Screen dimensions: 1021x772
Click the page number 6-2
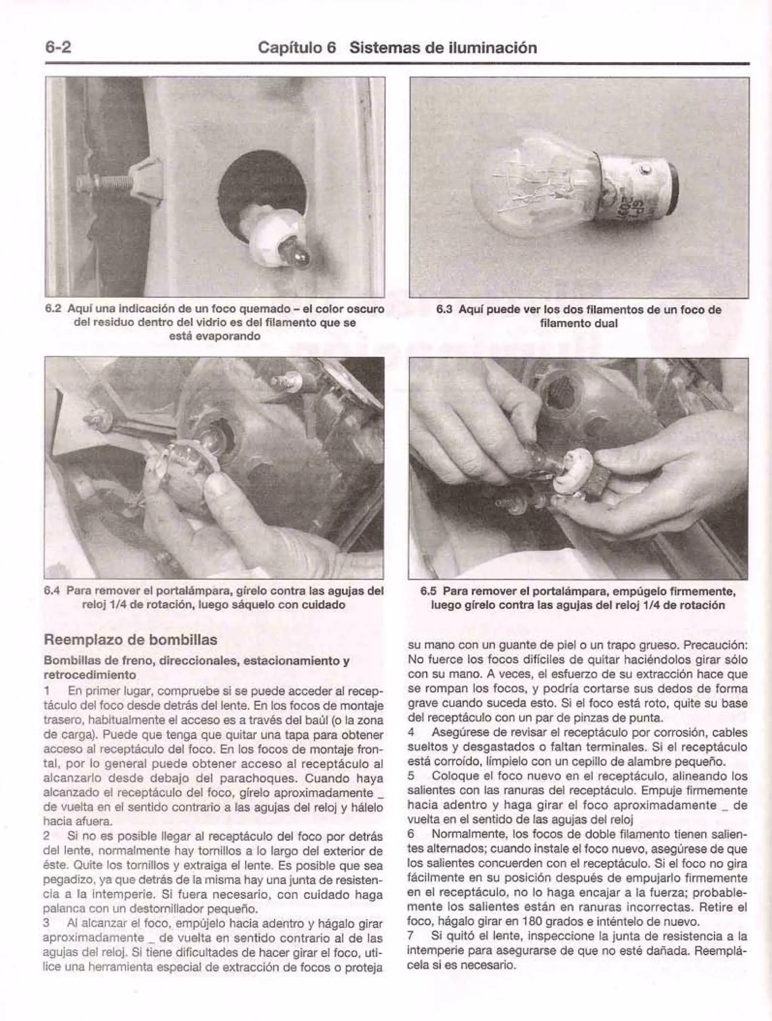pos(58,48)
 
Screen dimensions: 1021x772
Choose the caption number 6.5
pos(429,591)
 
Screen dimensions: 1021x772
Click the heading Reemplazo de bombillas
pos(130,640)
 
